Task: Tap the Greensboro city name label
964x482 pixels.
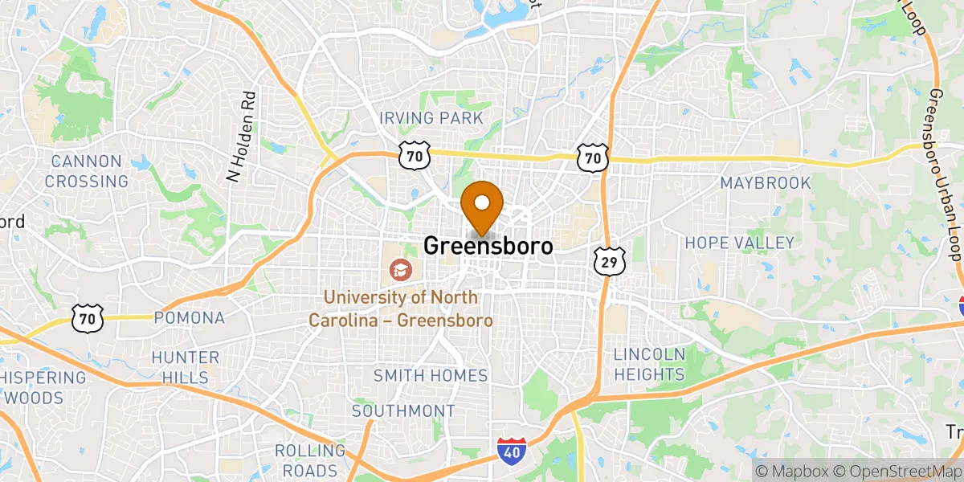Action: pyautogui.click(x=488, y=246)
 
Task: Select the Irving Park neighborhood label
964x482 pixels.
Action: pyautogui.click(x=431, y=119)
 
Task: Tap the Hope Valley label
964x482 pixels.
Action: pyautogui.click(x=739, y=243)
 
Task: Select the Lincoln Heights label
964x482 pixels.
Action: pyautogui.click(x=649, y=364)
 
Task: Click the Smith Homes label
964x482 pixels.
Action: pyautogui.click(x=431, y=376)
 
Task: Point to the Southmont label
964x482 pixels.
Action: pyautogui.click(x=403, y=411)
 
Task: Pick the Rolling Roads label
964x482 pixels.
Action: pyautogui.click(x=305, y=460)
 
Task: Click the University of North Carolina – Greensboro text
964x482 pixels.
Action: pyautogui.click(x=401, y=309)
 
